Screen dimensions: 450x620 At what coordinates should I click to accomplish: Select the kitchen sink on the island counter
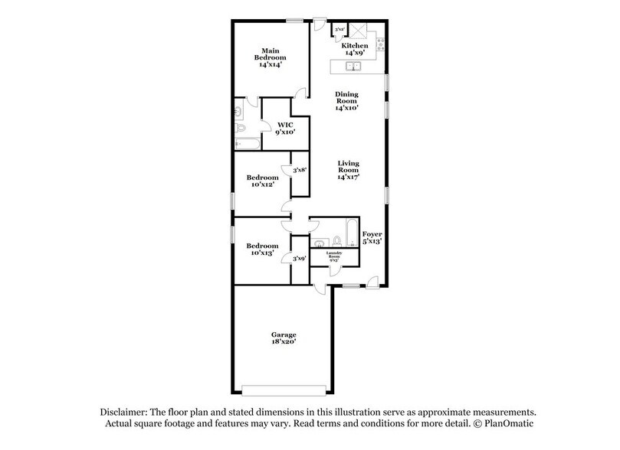click(x=355, y=67)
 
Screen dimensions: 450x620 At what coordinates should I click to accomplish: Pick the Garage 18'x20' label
click(x=283, y=340)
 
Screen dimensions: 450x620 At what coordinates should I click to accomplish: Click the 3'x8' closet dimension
click(x=300, y=170)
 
